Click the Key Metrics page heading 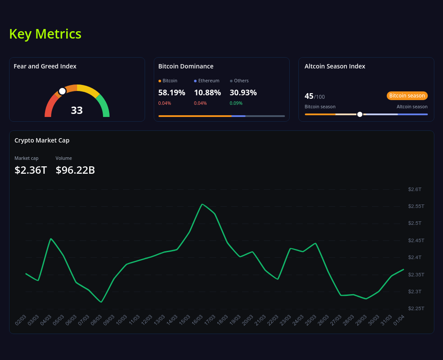45,34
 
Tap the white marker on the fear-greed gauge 62,91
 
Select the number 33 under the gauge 77,110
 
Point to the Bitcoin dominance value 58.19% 171,92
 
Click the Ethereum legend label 208,81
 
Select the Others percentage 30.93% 243,92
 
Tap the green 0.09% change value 236,103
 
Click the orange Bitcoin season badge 407,96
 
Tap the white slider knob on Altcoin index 360,114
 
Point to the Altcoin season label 412,107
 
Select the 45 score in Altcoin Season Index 309,96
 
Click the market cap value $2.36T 30,170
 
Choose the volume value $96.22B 75,170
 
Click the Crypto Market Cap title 42,140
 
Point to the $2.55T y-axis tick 416,206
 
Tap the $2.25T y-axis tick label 416,308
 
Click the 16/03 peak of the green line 202,204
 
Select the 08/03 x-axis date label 96,320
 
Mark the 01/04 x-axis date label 399,320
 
